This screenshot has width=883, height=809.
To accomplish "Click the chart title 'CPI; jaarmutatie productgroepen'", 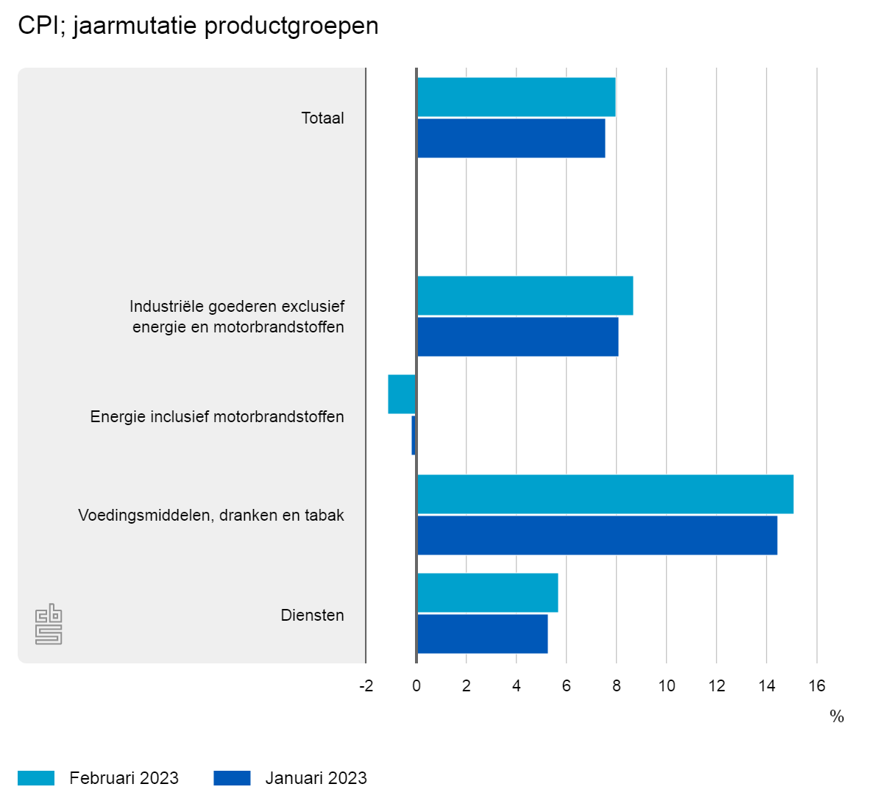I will point(198,26).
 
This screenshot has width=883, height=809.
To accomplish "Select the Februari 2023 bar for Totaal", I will point(516,97).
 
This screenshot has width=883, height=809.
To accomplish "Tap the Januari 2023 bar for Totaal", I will point(511,138).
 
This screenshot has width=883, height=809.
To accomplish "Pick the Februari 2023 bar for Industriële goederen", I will point(525,296).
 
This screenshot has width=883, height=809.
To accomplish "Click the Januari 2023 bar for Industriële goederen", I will point(517,337).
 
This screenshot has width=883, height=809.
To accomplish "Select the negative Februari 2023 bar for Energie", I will point(402,394).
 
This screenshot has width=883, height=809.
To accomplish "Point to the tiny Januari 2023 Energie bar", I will point(414,435).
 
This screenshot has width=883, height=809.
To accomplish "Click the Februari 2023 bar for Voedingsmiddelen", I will point(605,494).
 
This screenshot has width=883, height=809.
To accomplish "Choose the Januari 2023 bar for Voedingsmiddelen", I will point(597,535).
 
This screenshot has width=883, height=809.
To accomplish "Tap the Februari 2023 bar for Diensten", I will point(487,593).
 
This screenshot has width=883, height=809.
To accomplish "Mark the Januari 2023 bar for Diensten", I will point(482,634).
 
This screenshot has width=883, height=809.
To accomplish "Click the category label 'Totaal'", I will point(322,118).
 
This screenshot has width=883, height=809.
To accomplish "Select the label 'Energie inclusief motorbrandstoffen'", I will point(217,417).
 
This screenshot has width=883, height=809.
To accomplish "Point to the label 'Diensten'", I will point(312,616).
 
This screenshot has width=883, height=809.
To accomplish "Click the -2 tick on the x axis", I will point(366,686).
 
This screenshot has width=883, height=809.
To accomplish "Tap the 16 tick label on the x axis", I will point(817,686).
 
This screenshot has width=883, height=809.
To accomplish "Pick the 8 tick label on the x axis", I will point(617,686).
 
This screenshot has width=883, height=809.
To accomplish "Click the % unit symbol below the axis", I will point(837,717).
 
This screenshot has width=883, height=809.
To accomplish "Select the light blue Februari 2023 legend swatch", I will point(36,778).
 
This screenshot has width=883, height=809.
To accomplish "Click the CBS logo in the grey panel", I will point(49,624).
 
